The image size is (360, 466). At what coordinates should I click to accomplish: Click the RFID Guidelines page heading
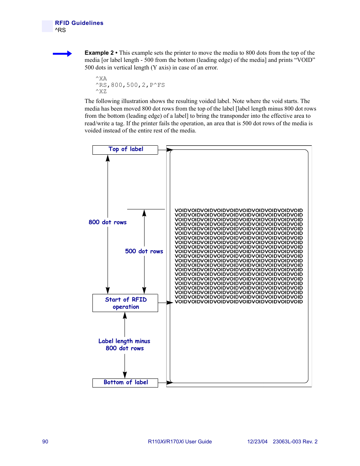[x=79, y=23]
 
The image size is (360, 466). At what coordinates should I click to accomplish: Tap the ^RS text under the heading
[x=60, y=30]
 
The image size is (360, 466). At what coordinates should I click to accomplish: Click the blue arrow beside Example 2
[x=62, y=54]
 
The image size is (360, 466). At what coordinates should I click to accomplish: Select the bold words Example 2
[x=99, y=53]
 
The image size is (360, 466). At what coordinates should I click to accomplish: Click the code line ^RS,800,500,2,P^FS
[x=130, y=85]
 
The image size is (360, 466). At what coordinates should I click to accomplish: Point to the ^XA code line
[x=101, y=79]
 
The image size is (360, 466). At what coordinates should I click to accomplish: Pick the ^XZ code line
[x=101, y=92]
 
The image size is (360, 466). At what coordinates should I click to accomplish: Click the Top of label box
[x=125, y=149]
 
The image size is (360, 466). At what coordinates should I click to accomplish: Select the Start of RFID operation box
[x=125, y=303]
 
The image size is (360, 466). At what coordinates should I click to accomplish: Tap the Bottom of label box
[x=125, y=383]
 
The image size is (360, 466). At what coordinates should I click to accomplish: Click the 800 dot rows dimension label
[x=108, y=222]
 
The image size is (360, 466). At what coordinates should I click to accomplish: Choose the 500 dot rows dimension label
[x=144, y=251]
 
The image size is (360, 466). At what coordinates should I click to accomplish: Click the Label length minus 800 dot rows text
[x=125, y=345]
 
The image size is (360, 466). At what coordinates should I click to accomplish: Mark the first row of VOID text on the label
[x=238, y=211]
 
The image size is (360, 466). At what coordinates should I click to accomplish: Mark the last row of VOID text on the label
[x=238, y=302]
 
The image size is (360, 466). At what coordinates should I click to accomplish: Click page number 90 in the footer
[x=45, y=441]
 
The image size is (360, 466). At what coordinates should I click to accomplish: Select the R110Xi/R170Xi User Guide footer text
[x=180, y=441]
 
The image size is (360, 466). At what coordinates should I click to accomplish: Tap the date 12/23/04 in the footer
[x=257, y=441]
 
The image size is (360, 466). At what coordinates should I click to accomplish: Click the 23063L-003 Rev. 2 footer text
[x=295, y=441]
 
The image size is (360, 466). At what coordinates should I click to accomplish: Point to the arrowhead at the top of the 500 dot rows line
[x=144, y=213]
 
